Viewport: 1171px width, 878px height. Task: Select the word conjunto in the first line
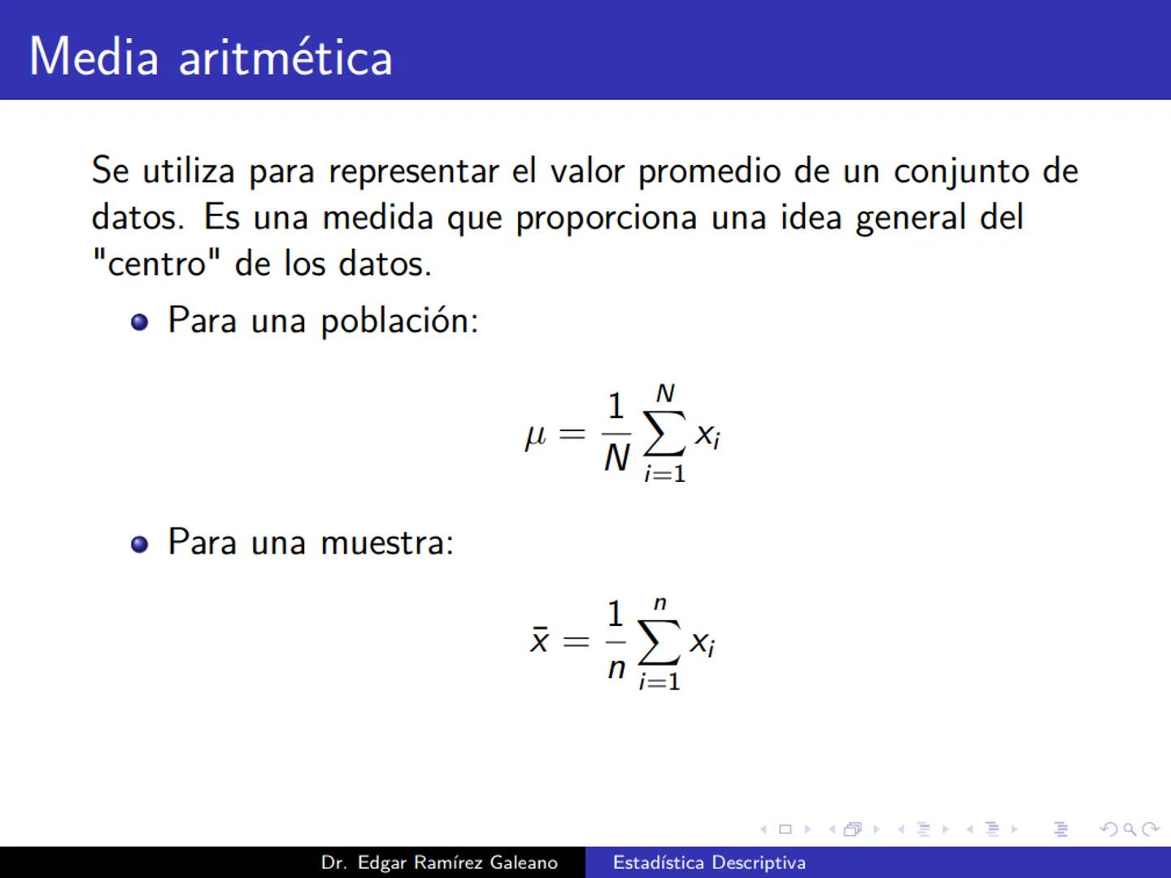coord(962,172)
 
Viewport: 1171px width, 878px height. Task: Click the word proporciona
coord(607,218)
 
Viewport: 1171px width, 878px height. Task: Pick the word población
coord(399,320)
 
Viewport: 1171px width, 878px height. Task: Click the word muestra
coord(387,542)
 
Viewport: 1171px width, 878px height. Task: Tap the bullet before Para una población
coord(140,322)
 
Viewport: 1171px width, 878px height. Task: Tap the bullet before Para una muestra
coord(140,544)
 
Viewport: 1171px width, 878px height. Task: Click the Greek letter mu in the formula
coord(535,437)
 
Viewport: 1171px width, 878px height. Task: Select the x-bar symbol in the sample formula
coord(539,641)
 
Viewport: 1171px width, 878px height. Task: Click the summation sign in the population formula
coord(664,435)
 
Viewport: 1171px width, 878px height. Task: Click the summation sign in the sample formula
coord(659,643)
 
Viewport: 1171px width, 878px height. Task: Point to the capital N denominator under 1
coord(616,459)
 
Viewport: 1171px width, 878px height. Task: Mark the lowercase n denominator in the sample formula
coord(616,668)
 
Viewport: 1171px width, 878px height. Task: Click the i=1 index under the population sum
coord(664,473)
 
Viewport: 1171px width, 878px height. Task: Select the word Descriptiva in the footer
coord(758,863)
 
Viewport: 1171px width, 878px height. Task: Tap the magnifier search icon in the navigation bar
coord(1130,829)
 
